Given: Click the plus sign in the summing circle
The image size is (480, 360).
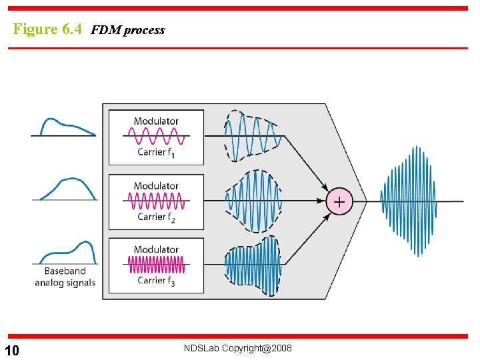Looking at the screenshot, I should [339, 201].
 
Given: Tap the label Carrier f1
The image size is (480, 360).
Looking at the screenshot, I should [156, 153].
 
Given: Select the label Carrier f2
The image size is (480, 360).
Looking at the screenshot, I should [156, 217].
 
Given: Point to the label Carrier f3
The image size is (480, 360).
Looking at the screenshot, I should [156, 281].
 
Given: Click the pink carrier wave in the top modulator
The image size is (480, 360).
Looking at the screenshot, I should [156, 137].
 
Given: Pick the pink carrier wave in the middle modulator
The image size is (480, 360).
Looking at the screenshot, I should [156, 201].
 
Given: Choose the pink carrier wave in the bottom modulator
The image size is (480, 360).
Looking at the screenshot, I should [156, 265].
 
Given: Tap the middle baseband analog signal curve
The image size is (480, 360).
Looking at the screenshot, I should [67, 187].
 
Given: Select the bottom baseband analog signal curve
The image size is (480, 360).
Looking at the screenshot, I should [67, 252].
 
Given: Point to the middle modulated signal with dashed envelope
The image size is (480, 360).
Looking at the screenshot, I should [254, 201].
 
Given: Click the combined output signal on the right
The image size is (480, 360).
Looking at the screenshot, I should [408, 201].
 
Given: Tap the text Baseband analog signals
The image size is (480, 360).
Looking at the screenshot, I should [65, 277].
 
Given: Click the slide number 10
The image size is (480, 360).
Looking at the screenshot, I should [11, 351].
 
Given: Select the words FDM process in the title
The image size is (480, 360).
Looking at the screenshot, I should [127, 30].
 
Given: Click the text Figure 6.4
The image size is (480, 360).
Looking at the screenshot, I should [47, 29].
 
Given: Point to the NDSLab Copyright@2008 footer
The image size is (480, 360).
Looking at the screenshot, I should [239, 348].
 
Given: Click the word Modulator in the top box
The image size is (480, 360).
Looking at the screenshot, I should [156, 121].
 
